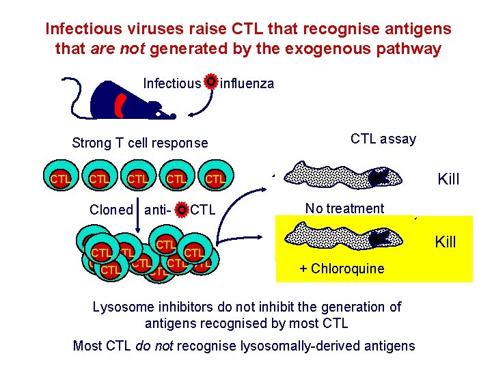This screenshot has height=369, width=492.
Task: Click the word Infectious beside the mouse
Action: pyautogui.click(x=172, y=84)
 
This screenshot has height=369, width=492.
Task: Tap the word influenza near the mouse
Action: pyautogui.click(x=247, y=84)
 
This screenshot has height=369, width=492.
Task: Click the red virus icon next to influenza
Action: pyautogui.click(x=211, y=82)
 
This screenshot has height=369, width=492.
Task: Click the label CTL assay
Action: pyautogui.click(x=383, y=139)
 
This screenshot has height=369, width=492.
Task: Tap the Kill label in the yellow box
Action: pyautogui.click(x=446, y=241)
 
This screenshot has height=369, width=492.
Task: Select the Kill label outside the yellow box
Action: pyautogui.click(x=448, y=180)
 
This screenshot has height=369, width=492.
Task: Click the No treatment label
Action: pyautogui.click(x=344, y=208)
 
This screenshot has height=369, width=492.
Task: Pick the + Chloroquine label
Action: pyautogui.click(x=342, y=269)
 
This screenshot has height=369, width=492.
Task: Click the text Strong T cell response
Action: pyautogui.click(x=140, y=143)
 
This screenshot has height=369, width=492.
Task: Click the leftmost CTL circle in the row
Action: pyautogui.click(x=60, y=179)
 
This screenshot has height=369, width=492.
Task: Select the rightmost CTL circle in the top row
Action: pyautogui.click(x=215, y=179)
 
